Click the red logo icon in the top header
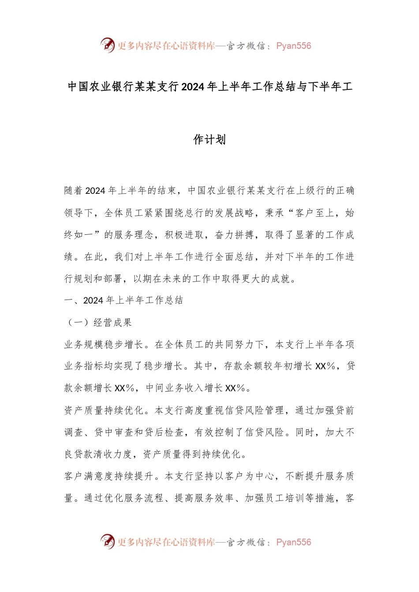pos(107,45)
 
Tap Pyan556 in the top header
pos(294,46)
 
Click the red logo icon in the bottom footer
pos(107,541)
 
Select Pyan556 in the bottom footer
pos(294,542)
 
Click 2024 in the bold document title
pos(193,87)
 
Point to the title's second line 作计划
pos(209,140)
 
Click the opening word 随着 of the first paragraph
pos(74,191)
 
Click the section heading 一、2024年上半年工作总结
pos(123,300)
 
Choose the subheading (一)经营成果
pos(98,322)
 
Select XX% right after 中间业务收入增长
pos(235,388)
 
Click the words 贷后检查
pos(164,432)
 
